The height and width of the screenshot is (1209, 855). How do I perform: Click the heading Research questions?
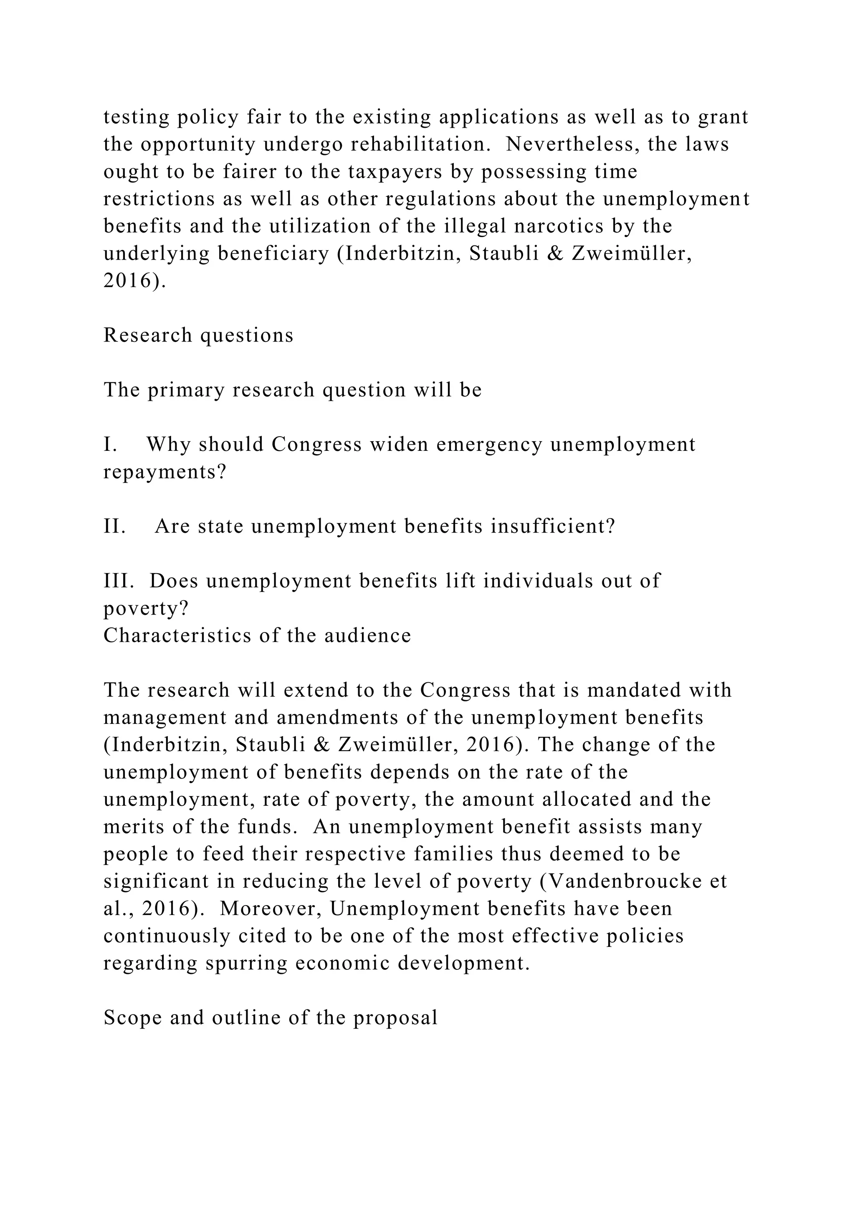point(198,335)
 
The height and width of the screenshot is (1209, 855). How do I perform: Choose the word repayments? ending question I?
point(164,472)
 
